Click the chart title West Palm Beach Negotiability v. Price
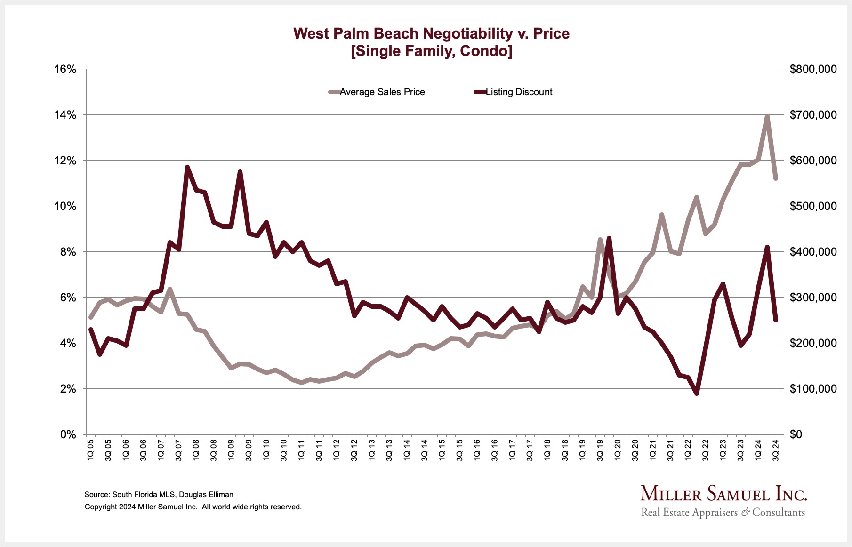pyautogui.click(x=431, y=33)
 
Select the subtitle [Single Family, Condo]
pyautogui.click(x=431, y=51)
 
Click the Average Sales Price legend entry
pyautogui.click(x=382, y=92)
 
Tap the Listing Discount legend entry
pyautogui.click(x=518, y=92)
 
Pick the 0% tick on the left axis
pyautogui.click(x=68, y=434)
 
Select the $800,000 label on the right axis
pyautogui.click(x=813, y=69)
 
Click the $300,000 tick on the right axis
pyautogui.click(x=813, y=298)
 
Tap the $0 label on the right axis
pyautogui.click(x=796, y=434)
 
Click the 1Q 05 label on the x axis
pyautogui.click(x=91, y=450)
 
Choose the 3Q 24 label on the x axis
pyautogui.click(x=776, y=450)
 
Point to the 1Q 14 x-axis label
pyautogui.click(x=407, y=450)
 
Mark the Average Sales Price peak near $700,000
pyautogui.click(x=767, y=116)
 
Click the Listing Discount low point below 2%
pyautogui.click(x=697, y=393)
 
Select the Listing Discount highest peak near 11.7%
pyautogui.click(x=187, y=167)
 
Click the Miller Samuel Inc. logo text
pyautogui.click(x=723, y=494)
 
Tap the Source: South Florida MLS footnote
pyautogui.click(x=159, y=495)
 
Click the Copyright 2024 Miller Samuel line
pyautogui.click(x=193, y=507)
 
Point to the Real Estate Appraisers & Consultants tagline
pyautogui.click(x=723, y=513)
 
